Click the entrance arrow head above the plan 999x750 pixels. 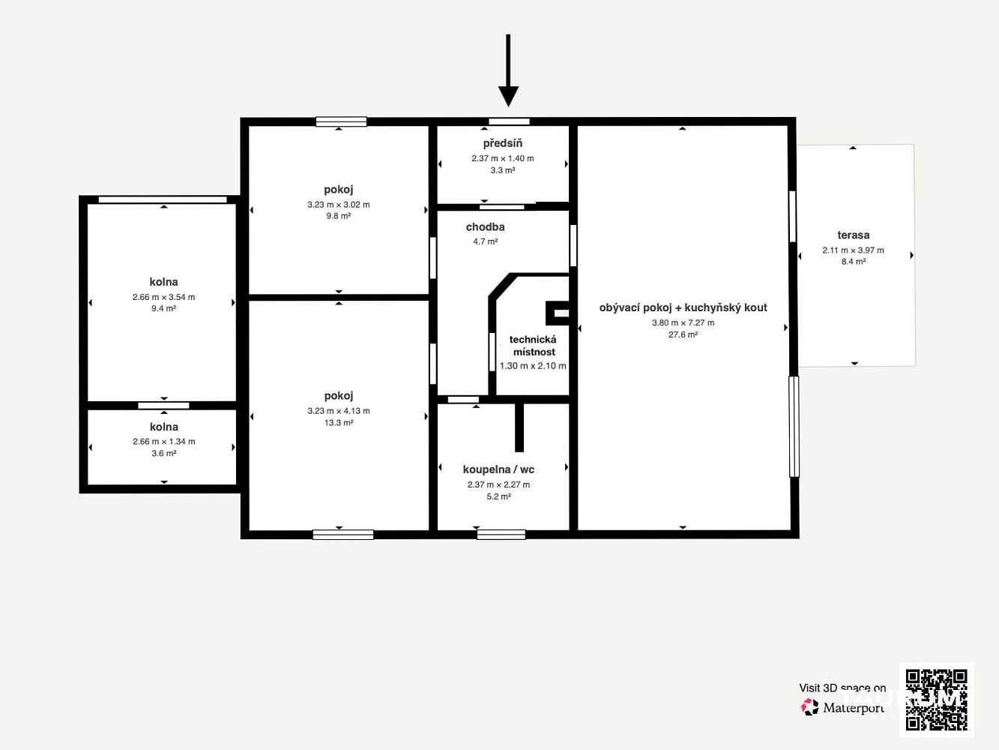coord(508,96)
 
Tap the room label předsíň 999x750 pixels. coord(502,143)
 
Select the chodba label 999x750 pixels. coord(485,226)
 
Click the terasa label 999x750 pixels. coord(854,235)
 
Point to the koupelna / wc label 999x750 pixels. coord(499,469)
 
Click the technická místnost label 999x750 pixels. coord(534,346)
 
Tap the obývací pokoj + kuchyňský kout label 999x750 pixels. coord(683,307)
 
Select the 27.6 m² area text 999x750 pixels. coord(683,334)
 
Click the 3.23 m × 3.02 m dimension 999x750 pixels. coord(339,205)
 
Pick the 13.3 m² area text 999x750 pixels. coord(339,422)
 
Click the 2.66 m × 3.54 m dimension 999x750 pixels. coord(164,297)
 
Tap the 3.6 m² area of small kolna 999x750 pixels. coord(164,453)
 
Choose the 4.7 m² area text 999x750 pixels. coord(485,241)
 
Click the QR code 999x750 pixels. coord(937,700)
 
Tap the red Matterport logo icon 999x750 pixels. coord(809,707)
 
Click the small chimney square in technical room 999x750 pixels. coord(558,313)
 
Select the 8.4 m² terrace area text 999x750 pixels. coord(854,262)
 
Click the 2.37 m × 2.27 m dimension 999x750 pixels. coord(499,485)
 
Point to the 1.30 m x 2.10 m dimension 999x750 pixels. coord(533,366)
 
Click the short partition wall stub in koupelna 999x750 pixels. coord(519,427)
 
